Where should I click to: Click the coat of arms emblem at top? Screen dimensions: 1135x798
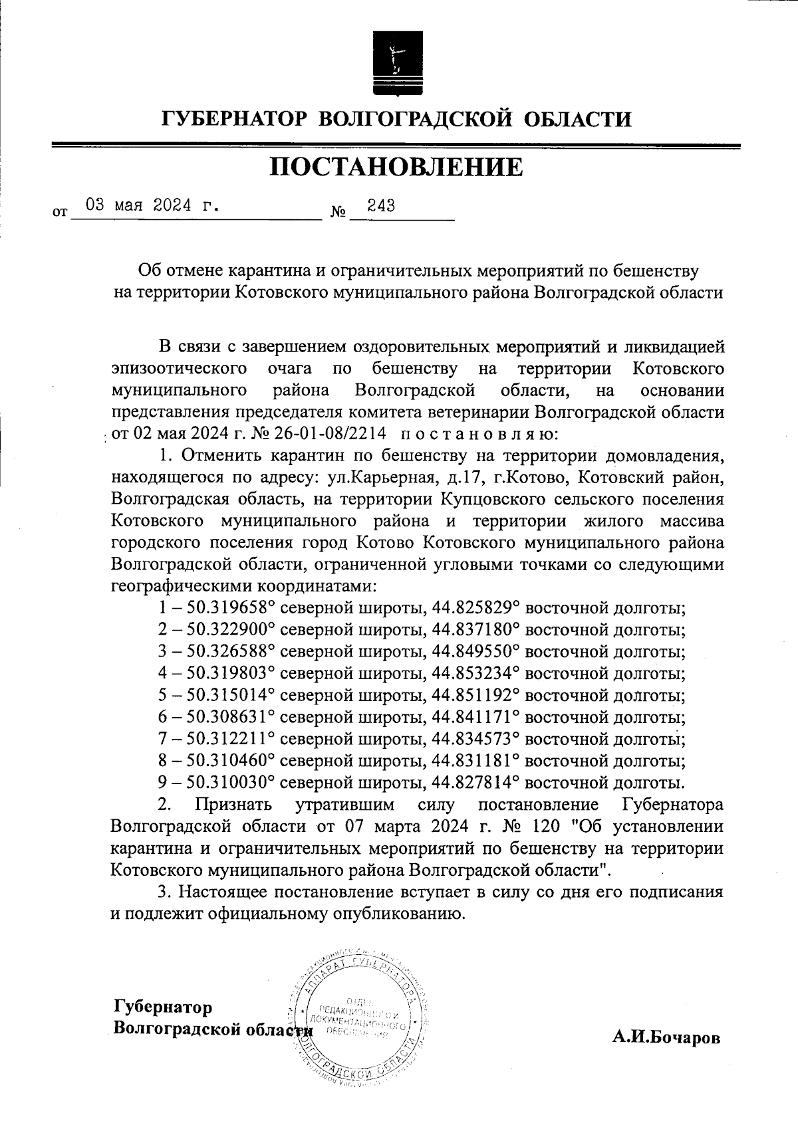click(398, 62)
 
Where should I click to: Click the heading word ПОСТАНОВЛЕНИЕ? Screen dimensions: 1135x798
click(396, 167)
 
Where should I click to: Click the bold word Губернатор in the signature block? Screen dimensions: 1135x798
click(163, 1007)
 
